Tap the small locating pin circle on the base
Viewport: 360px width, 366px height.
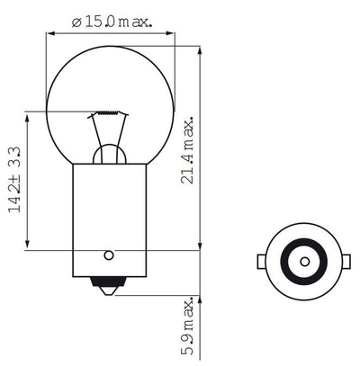(x=109, y=254)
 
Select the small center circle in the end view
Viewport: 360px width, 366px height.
(x=303, y=262)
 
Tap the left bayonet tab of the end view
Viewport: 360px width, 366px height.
(x=261, y=262)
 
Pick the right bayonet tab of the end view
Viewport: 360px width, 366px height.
(x=346, y=262)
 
